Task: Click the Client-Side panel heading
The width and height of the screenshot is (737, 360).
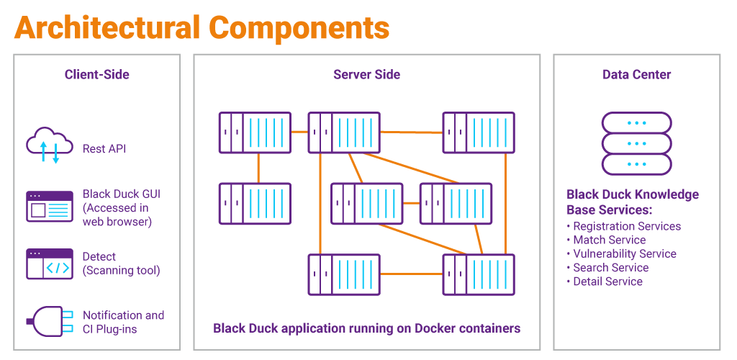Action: [x=96, y=74]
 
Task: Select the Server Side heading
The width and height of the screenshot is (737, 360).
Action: [x=366, y=74]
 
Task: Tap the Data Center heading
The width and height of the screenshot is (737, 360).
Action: [x=636, y=74]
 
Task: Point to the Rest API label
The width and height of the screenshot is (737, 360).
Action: [x=104, y=149]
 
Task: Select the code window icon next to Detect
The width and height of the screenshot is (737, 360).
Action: [x=49, y=264]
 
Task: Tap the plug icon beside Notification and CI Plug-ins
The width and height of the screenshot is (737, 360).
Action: [x=49, y=321]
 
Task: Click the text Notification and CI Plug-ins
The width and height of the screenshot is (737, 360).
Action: [x=123, y=322]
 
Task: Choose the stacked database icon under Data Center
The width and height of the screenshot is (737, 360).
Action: [x=636, y=143]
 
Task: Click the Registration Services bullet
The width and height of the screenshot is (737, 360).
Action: [x=626, y=226]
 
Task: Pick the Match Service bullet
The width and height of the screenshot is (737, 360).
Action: [x=609, y=240]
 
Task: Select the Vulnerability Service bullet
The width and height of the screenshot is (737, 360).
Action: [x=624, y=253]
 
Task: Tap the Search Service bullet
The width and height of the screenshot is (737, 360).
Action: [x=610, y=267]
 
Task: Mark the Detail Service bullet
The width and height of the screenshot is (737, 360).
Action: [x=607, y=281]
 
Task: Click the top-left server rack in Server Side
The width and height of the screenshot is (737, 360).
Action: [x=255, y=132]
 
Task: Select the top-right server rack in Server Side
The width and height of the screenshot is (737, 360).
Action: [x=478, y=132]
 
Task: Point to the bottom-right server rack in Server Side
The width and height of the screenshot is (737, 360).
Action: [x=478, y=274]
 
